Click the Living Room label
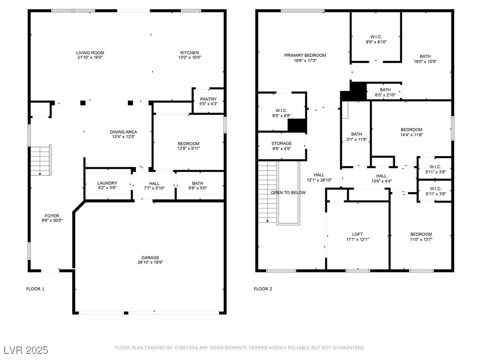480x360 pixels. pyautogui.click(x=90, y=52)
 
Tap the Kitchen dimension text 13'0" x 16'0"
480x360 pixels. pyautogui.click(x=190, y=57)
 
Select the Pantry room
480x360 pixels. pyautogui.click(x=209, y=101)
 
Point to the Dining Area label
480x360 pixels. pyautogui.click(x=123, y=132)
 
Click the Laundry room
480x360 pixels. pyautogui.click(x=108, y=184)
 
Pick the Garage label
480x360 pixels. pyautogui.click(x=150, y=258)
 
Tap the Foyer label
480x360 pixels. pyautogui.click(x=52, y=216)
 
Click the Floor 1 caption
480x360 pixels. pyautogui.click(x=35, y=289)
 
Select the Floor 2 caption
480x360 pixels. pyautogui.click(x=263, y=289)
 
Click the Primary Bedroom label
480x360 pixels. pyautogui.click(x=305, y=55)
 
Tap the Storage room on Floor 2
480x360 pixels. pyautogui.click(x=282, y=146)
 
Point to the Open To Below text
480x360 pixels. pyautogui.click(x=288, y=193)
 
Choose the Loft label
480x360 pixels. pyautogui.click(x=358, y=234)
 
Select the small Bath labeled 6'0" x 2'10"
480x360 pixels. pyautogui.click(x=385, y=91)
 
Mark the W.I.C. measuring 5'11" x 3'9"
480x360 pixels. pyautogui.click(x=435, y=169)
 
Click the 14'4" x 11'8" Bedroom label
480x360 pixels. pyautogui.click(x=412, y=129)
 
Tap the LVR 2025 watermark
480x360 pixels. pyautogui.click(x=26, y=350)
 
